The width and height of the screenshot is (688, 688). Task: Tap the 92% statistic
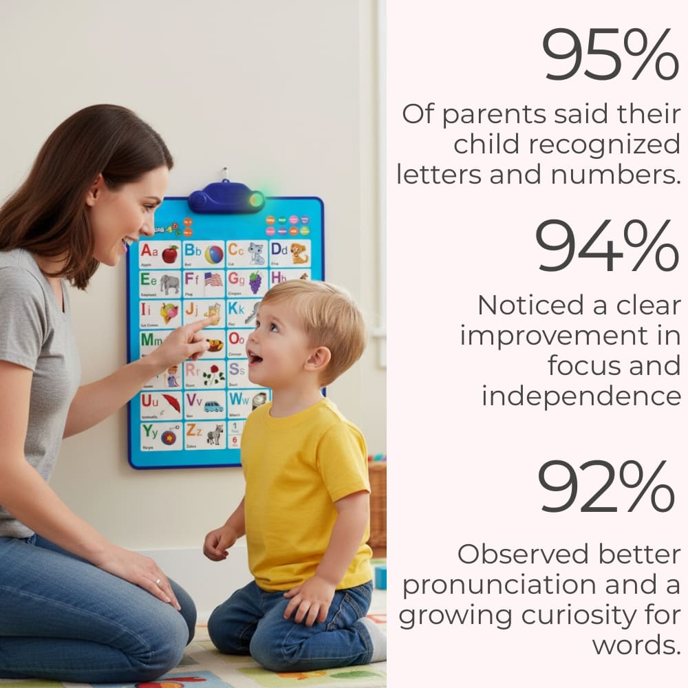[605, 486]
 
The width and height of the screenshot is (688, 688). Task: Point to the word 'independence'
[581, 396]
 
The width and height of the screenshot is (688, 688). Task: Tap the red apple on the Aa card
[169, 254]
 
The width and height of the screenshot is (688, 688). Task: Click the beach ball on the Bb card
[214, 255]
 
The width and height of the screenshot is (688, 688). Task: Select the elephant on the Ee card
[169, 283]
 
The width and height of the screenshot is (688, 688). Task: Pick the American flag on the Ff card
[213, 279]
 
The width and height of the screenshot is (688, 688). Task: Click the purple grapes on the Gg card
[255, 282]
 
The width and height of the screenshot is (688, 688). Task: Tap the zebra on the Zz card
[215, 435]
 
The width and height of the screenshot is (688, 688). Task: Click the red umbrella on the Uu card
[171, 403]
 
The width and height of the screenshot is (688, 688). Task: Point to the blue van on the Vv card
[213, 406]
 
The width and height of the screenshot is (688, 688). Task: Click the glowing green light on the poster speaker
[256, 200]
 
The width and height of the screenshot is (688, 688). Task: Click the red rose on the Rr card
[214, 375]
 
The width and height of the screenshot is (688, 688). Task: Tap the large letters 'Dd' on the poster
[279, 249]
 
